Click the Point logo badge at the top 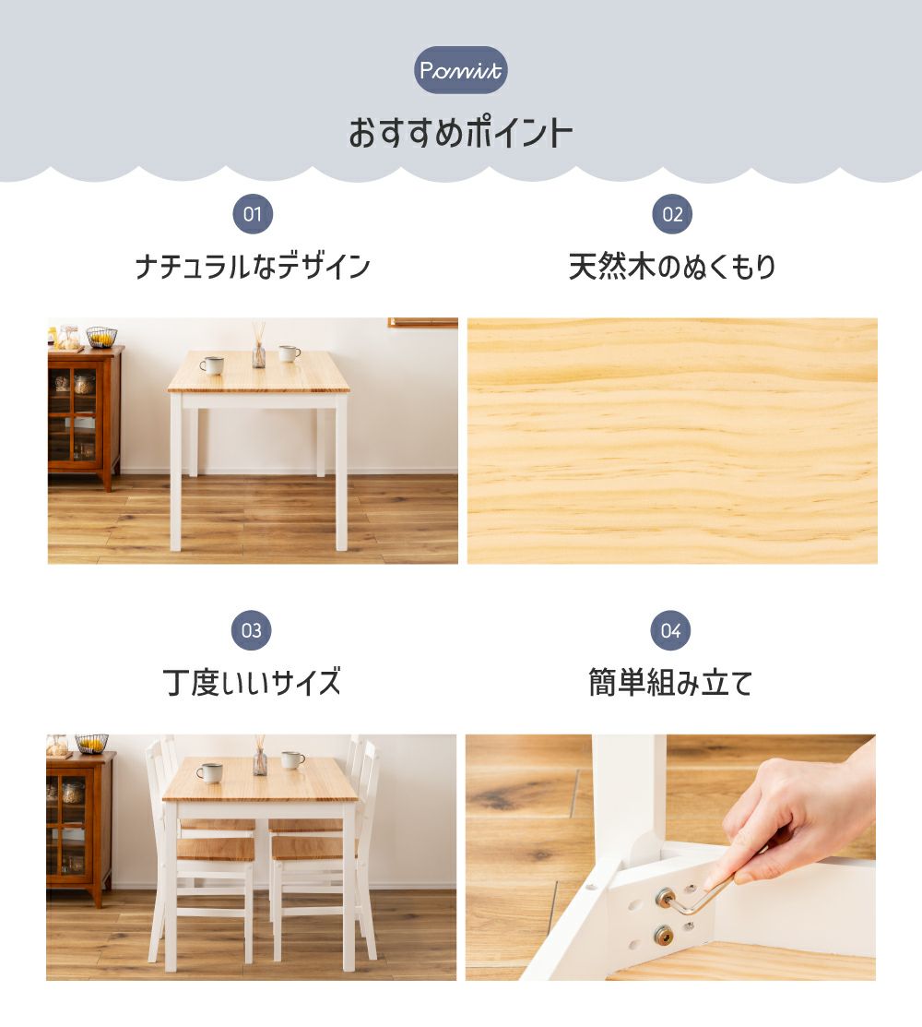tap(461, 69)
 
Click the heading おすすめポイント tap(461, 133)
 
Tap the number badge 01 tap(253, 214)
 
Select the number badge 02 tap(672, 214)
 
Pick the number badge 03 tap(252, 630)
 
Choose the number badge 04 tap(670, 630)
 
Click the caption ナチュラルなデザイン tap(254, 267)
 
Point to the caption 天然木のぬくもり tap(672, 267)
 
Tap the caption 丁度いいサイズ tap(252, 682)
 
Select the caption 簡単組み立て tap(670, 682)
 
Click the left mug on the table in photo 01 tap(211, 365)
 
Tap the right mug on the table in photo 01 tap(289, 353)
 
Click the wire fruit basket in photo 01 tap(101, 337)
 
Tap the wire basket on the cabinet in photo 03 tap(91, 744)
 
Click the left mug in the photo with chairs tap(209, 773)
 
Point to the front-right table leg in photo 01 tap(341, 471)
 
